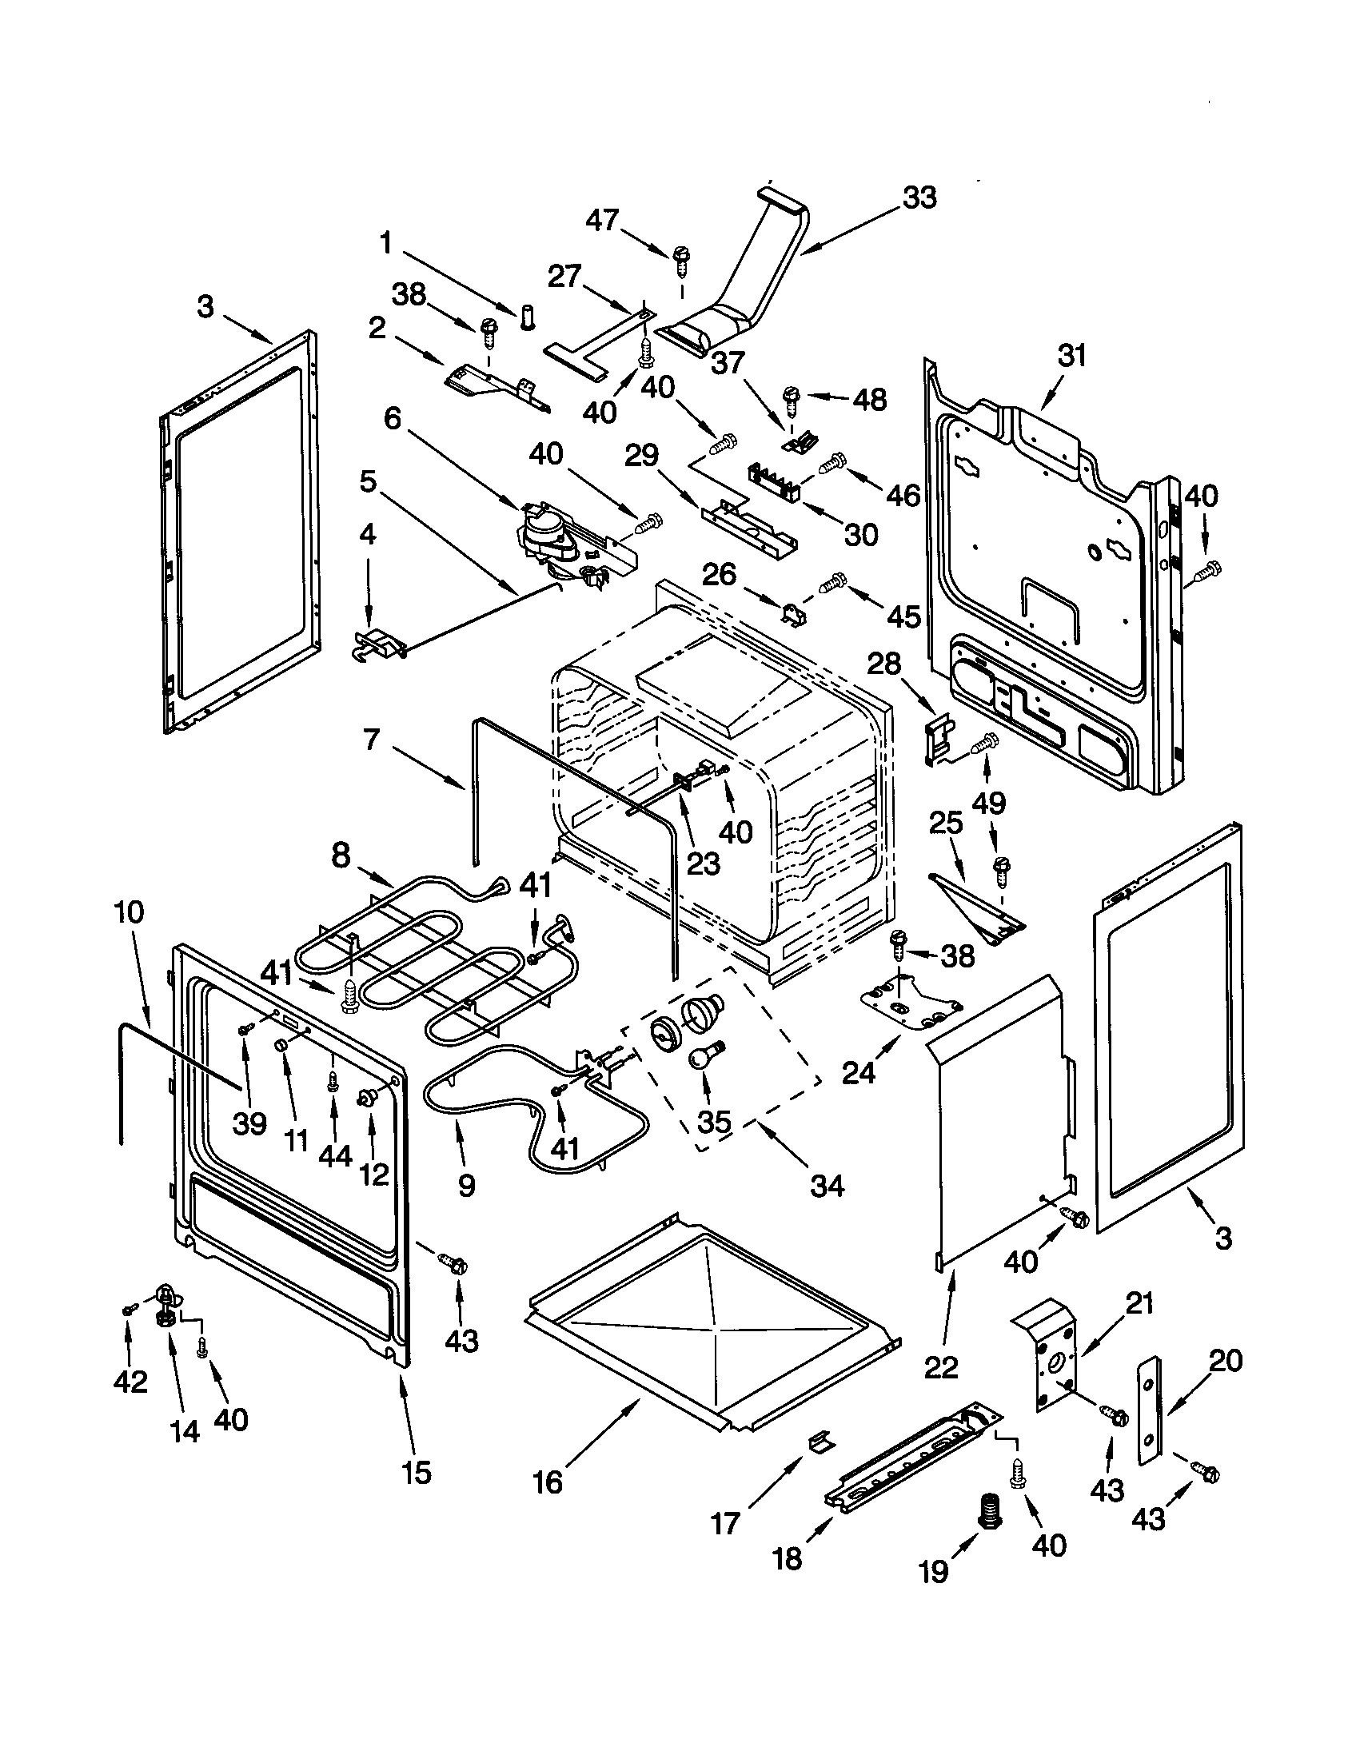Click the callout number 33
coord(919,197)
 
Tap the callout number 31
coord(1071,355)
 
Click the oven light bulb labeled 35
coord(705,1055)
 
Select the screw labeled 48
coord(792,397)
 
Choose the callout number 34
coord(827,1186)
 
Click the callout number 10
coord(129,912)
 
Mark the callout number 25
coord(946,823)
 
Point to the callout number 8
coord(341,856)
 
